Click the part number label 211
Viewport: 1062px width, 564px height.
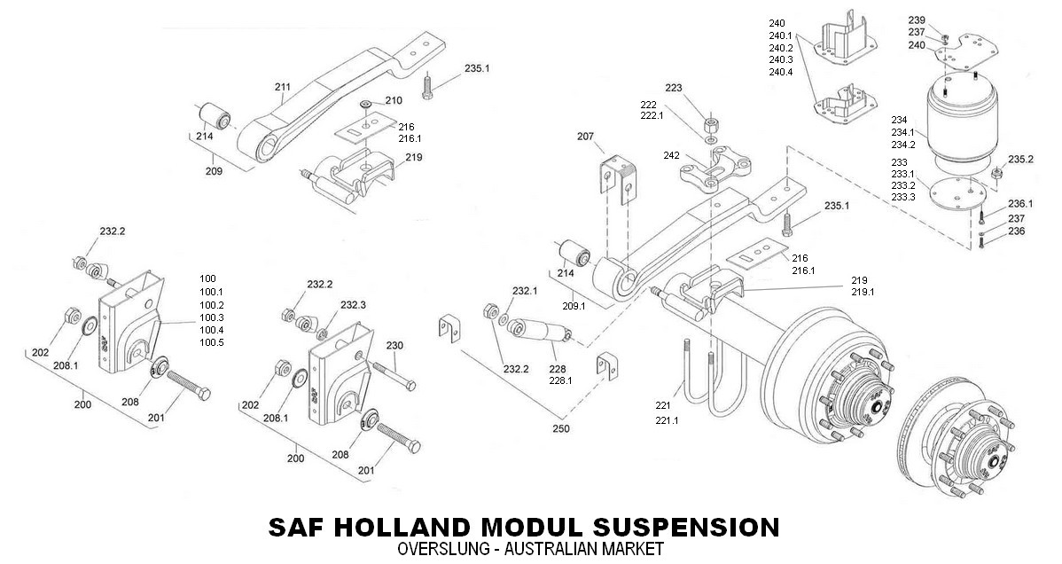click(283, 87)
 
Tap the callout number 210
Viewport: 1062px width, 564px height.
click(394, 100)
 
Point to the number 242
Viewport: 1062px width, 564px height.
click(671, 155)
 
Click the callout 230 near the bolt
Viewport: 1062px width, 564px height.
click(394, 345)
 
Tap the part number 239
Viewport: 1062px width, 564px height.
click(917, 20)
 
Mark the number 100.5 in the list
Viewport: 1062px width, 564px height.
click(212, 342)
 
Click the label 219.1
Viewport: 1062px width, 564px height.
click(863, 292)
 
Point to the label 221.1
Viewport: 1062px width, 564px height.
click(667, 420)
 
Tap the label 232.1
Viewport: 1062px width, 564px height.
click(525, 290)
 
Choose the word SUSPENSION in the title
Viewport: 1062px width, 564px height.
click(689, 527)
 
